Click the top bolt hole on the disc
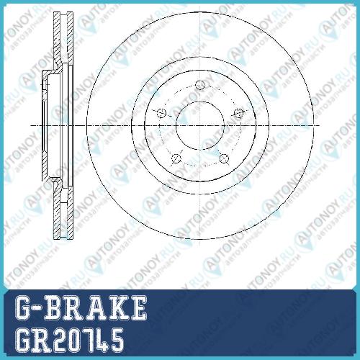199,85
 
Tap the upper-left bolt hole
161,113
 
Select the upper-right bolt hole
238,113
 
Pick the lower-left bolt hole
176,158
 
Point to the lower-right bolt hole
224,158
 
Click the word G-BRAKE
81,307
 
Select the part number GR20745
69,341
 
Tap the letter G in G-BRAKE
24,307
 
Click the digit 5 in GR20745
116,341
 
